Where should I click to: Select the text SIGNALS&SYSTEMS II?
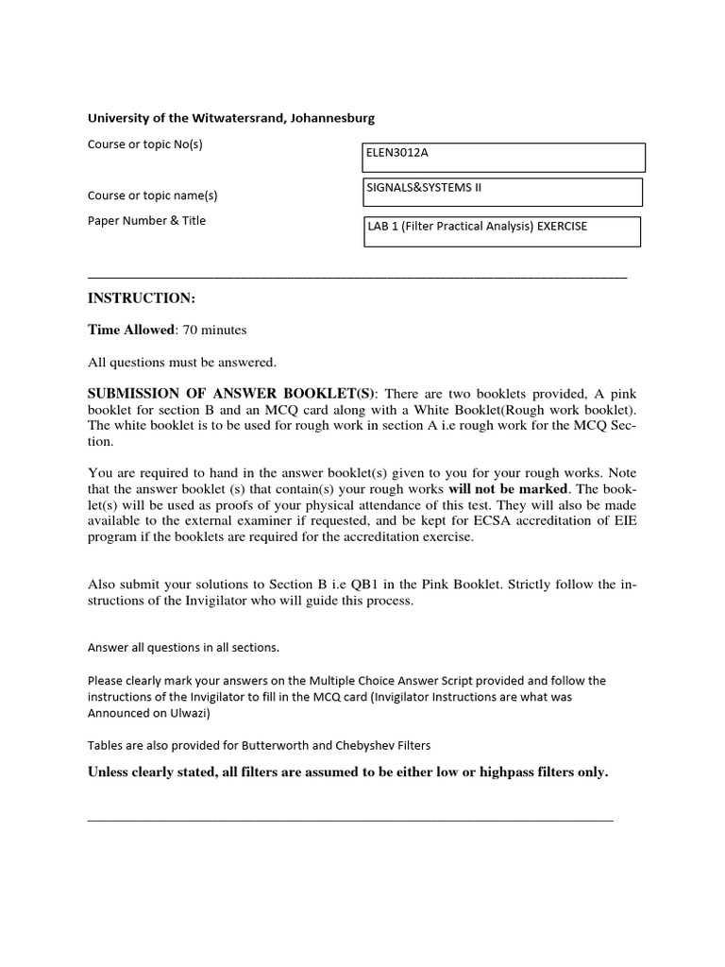pyautogui.click(x=423, y=187)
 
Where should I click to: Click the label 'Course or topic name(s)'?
pyautogui.click(x=152, y=195)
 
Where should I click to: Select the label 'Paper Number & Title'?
pyautogui.click(x=146, y=221)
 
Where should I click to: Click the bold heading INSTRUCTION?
pyautogui.click(x=141, y=298)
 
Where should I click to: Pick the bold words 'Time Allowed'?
pyautogui.click(x=131, y=330)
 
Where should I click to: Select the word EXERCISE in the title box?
pyautogui.click(x=562, y=226)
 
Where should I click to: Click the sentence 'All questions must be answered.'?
pyautogui.click(x=182, y=362)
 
